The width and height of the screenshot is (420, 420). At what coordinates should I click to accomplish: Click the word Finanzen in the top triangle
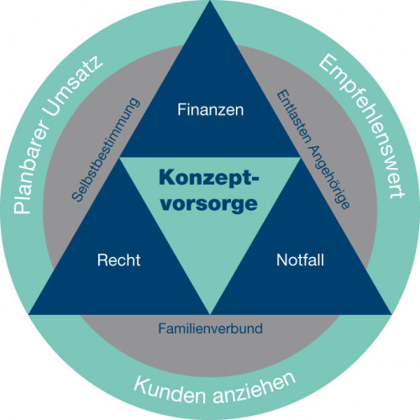(x=211, y=109)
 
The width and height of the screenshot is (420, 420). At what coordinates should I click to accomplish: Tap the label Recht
(x=118, y=260)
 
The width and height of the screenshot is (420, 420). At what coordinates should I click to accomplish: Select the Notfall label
(x=300, y=260)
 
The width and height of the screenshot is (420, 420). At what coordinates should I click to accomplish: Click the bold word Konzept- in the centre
(x=209, y=179)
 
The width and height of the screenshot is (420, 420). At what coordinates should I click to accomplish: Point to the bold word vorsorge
(x=209, y=203)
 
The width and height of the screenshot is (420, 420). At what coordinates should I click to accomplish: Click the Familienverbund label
(x=211, y=328)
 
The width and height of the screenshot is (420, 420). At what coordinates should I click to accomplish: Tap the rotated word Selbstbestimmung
(x=105, y=150)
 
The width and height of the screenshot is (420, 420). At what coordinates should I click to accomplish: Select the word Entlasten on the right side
(x=294, y=118)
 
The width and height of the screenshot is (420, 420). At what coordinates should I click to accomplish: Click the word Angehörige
(x=329, y=176)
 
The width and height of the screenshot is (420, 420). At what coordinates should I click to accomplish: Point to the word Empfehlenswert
(x=362, y=126)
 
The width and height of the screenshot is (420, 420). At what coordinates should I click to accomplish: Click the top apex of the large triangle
(x=210, y=1)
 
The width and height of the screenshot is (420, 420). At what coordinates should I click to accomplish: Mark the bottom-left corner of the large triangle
(x=29, y=314)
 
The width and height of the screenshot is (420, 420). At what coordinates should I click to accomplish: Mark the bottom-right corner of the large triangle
(x=391, y=314)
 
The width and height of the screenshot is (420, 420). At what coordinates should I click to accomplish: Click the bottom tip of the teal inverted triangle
(x=210, y=313)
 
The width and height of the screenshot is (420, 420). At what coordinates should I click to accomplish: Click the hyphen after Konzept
(x=255, y=178)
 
